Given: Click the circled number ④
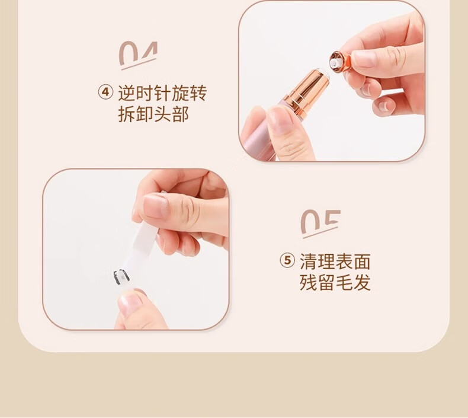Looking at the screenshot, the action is (x=105, y=92).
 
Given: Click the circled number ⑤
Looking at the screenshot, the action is (x=287, y=260).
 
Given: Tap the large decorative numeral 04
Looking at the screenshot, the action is (x=138, y=54).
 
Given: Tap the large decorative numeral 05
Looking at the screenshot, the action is (x=320, y=222).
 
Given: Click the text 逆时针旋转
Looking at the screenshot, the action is (x=162, y=93).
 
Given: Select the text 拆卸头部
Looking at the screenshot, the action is (x=153, y=114).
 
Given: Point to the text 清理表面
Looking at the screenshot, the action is (x=335, y=261).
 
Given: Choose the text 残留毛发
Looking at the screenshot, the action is (x=335, y=282).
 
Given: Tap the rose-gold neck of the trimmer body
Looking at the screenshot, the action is (x=307, y=90).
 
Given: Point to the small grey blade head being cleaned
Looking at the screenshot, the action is (x=121, y=276).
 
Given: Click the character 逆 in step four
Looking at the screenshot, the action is (x=127, y=93).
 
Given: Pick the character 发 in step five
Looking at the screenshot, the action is (x=362, y=282).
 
